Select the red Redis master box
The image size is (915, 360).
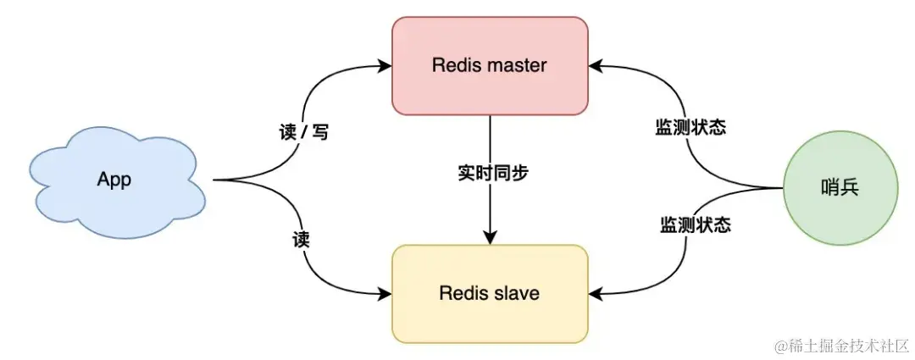[x=490, y=65]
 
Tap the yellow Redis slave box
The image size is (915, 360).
[x=490, y=294]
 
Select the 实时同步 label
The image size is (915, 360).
[x=490, y=172]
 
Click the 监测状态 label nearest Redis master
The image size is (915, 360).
[x=690, y=128]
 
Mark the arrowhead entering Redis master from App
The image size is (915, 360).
[x=385, y=65]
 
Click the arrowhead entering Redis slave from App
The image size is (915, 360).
[x=385, y=294]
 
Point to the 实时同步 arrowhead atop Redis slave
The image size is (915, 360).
[x=490, y=239]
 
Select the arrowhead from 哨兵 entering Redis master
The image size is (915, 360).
[x=595, y=65]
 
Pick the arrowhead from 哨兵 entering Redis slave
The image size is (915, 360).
[x=595, y=294]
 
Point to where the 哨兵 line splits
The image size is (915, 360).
[x=758, y=187]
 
